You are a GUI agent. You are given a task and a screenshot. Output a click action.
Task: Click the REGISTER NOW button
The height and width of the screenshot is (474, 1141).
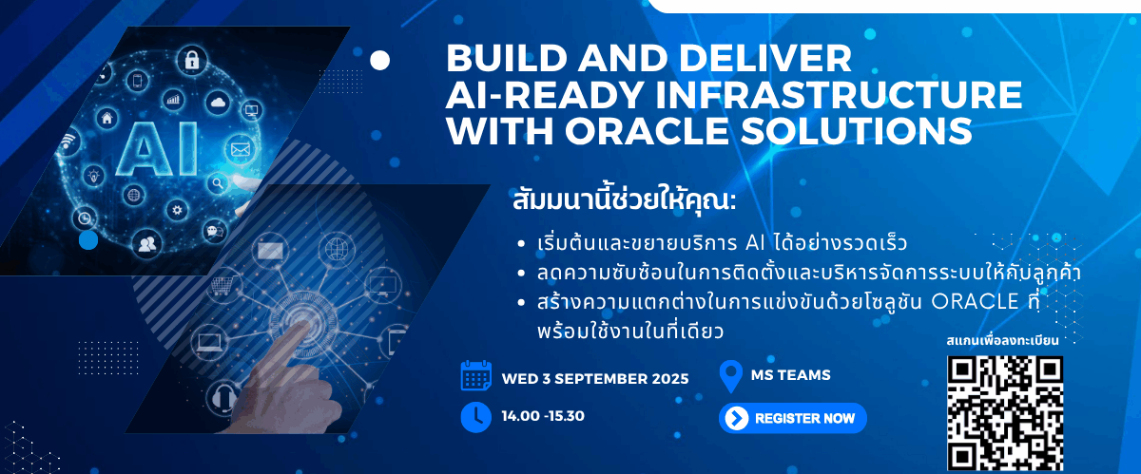793,418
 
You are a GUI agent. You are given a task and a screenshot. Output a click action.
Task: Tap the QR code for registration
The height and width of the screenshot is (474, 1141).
1004,413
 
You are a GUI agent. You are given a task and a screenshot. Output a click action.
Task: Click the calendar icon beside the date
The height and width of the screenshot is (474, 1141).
475,376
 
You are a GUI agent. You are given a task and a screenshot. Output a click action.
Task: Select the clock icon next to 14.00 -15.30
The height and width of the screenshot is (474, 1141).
475,417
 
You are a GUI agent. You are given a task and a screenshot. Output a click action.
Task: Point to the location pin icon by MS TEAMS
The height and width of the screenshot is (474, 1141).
731,376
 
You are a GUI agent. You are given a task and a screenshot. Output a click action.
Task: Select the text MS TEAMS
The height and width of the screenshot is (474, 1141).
791,375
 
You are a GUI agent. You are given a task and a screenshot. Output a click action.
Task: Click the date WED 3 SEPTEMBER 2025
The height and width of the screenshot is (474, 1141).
595,378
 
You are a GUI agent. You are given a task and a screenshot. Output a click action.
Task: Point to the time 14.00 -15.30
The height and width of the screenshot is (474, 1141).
542,417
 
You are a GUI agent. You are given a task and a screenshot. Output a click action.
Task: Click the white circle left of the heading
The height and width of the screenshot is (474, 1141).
379,61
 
